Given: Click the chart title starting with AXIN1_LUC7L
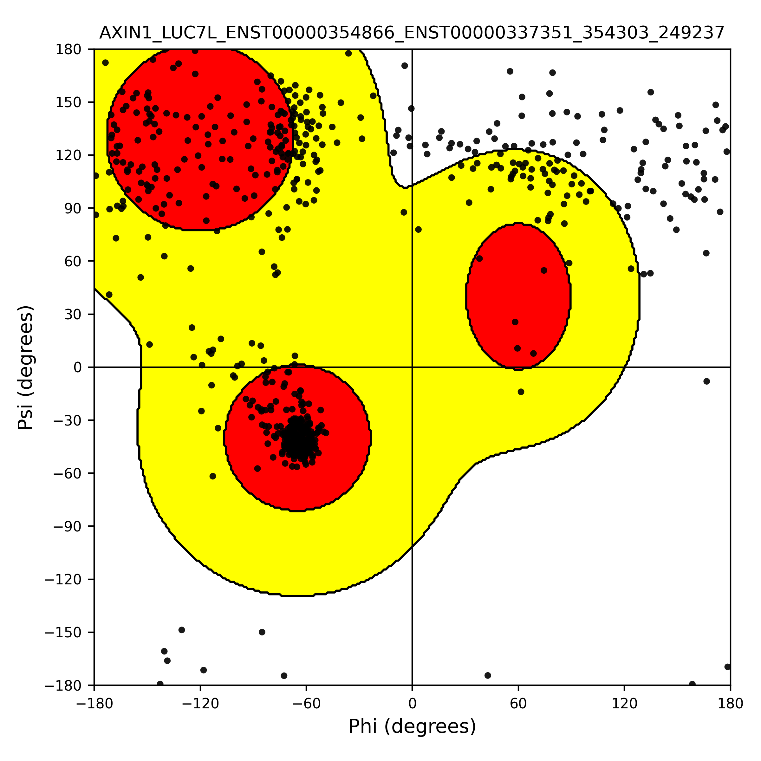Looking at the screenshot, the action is pyautogui.click(x=412, y=33).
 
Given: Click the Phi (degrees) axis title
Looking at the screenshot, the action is pyautogui.click(x=412, y=726).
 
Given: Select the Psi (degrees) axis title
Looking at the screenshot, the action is pyautogui.click(x=26, y=367).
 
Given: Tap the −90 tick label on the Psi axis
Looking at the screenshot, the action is pyautogui.click(x=63, y=526).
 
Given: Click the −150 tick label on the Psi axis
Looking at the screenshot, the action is pyautogui.click(x=63, y=633).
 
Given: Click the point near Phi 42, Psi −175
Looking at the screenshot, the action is pyautogui.click(x=488, y=675).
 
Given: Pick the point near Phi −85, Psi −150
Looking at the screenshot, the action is pyautogui.click(x=262, y=632).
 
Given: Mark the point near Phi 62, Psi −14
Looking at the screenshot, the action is pyautogui.click(x=521, y=392).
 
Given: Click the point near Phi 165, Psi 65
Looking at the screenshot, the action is pyautogui.click(x=706, y=253).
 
